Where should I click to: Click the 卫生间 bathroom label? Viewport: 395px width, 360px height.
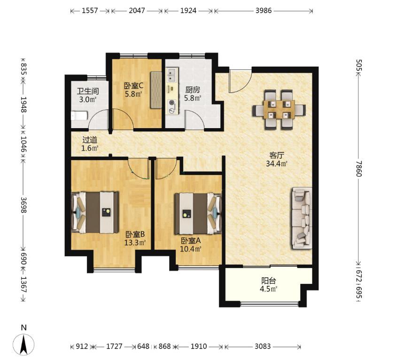(88, 91)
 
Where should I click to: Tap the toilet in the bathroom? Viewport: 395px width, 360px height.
(79, 116)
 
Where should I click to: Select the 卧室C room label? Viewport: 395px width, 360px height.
(133, 86)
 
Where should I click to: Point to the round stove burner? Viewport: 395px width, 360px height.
(172, 103)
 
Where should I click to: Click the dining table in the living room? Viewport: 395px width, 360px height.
(279, 109)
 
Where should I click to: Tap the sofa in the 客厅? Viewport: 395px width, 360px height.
(302, 218)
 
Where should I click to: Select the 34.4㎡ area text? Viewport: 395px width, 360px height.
(277, 164)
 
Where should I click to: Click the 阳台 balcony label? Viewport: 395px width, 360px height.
(269, 281)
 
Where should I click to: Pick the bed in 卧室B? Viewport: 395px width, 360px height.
(95, 213)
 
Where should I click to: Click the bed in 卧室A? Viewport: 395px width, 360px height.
(198, 214)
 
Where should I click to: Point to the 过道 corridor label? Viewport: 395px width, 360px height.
(90, 139)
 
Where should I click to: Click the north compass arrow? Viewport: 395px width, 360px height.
(23, 345)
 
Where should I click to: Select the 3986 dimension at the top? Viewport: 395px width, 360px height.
(263, 11)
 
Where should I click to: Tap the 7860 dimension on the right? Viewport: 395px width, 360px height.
(359, 169)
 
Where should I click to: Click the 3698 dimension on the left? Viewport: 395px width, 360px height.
(23, 205)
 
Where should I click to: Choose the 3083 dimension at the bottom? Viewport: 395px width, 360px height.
(263, 346)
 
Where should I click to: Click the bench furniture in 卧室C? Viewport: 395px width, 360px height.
(156, 90)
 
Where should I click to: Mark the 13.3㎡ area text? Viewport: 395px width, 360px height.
(135, 243)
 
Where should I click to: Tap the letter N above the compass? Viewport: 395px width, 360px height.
(23, 328)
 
